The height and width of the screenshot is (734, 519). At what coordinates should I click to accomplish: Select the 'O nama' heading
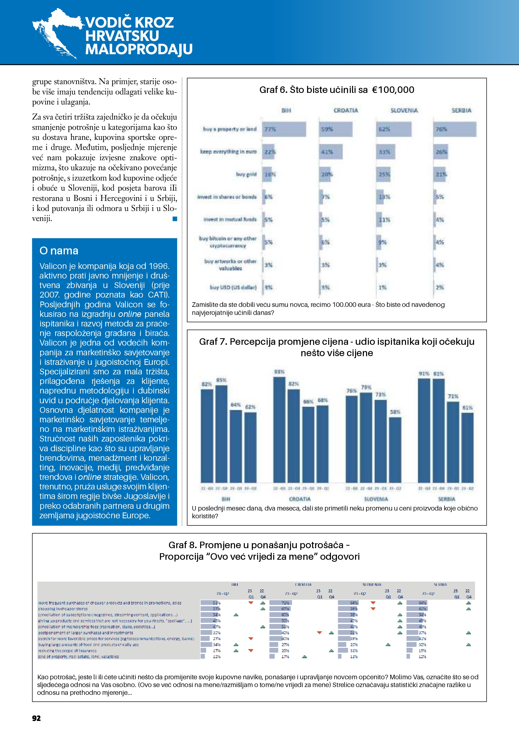tap(59, 251)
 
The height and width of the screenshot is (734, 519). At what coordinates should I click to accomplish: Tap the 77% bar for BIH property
tap(284, 129)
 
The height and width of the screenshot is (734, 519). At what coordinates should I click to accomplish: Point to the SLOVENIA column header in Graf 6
tap(404, 110)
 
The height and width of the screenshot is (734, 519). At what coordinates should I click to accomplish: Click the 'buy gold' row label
tap(246, 174)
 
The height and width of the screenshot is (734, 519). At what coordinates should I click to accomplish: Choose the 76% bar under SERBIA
tap(454, 129)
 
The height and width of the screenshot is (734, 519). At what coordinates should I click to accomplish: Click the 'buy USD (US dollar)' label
tap(233, 288)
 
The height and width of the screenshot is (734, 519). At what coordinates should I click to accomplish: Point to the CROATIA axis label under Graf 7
tap(300, 499)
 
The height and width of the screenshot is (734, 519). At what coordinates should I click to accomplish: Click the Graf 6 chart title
tap(336, 90)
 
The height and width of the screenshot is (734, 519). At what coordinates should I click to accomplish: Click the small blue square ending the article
tap(175, 219)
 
